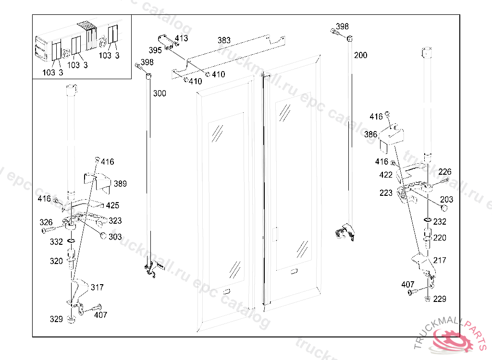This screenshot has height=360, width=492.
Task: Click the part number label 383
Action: click(224, 40)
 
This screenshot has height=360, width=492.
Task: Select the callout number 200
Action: click(360, 55)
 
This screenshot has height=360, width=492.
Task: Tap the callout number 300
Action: click(160, 93)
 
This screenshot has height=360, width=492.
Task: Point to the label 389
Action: click(120, 184)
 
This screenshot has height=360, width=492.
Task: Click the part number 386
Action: click(370, 135)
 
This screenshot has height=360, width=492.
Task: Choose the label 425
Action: click(113, 205)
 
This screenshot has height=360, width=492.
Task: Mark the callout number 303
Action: click(115, 237)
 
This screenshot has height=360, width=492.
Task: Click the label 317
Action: click(97, 288)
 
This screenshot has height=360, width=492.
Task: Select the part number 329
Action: click(57, 319)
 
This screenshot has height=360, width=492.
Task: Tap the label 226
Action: click(445, 172)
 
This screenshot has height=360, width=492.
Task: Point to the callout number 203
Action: click(446, 199)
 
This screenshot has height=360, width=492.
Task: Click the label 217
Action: click(440, 260)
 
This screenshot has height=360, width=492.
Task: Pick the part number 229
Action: click(440, 299)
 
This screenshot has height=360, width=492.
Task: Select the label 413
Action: click(181, 38)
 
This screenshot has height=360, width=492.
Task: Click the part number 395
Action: click(155, 50)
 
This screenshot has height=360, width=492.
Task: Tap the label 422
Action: click(386, 175)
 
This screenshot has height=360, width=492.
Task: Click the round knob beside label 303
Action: click(102, 235)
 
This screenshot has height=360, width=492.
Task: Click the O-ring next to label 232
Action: click(427, 221)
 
